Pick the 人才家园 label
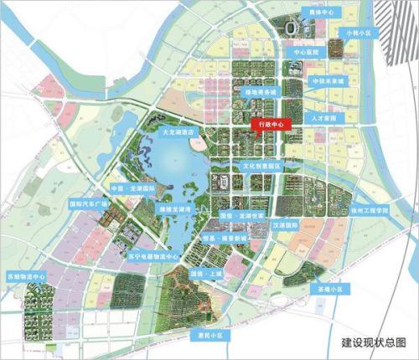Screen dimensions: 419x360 [x=323, y=119]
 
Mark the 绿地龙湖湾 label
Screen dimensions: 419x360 [x=177, y=208]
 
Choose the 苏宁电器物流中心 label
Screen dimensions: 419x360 [x=150, y=256]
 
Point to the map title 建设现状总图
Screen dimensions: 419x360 [x=373, y=342]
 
